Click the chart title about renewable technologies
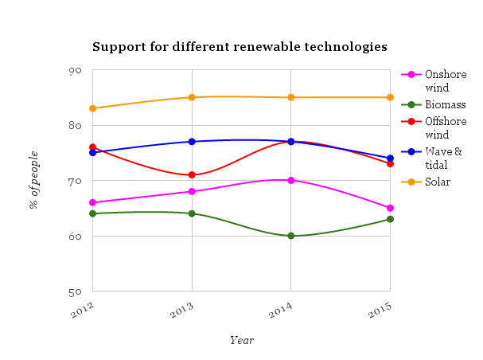(x=240, y=47)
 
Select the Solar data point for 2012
(x=93, y=108)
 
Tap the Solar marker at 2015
(x=390, y=97)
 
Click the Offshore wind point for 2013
(x=192, y=175)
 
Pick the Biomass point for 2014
(x=291, y=236)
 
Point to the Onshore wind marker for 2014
(x=291, y=181)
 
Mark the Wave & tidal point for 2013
(x=192, y=142)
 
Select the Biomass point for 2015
(x=390, y=219)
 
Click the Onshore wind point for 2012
(x=93, y=202)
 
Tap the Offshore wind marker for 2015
(x=390, y=163)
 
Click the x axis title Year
(x=242, y=340)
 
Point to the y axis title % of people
(x=34, y=180)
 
